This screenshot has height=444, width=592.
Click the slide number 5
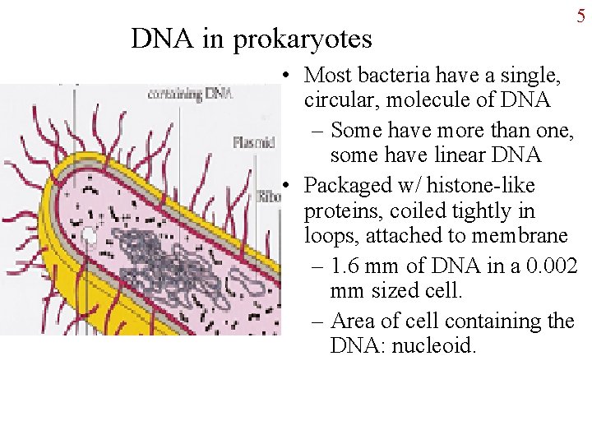pyautogui.click(x=580, y=16)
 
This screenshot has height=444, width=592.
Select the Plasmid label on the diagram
pyautogui.click(x=252, y=142)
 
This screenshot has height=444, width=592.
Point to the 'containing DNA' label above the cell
pyautogui.click(x=190, y=94)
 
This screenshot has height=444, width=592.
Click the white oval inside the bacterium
pyautogui.click(x=89, y=237)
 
